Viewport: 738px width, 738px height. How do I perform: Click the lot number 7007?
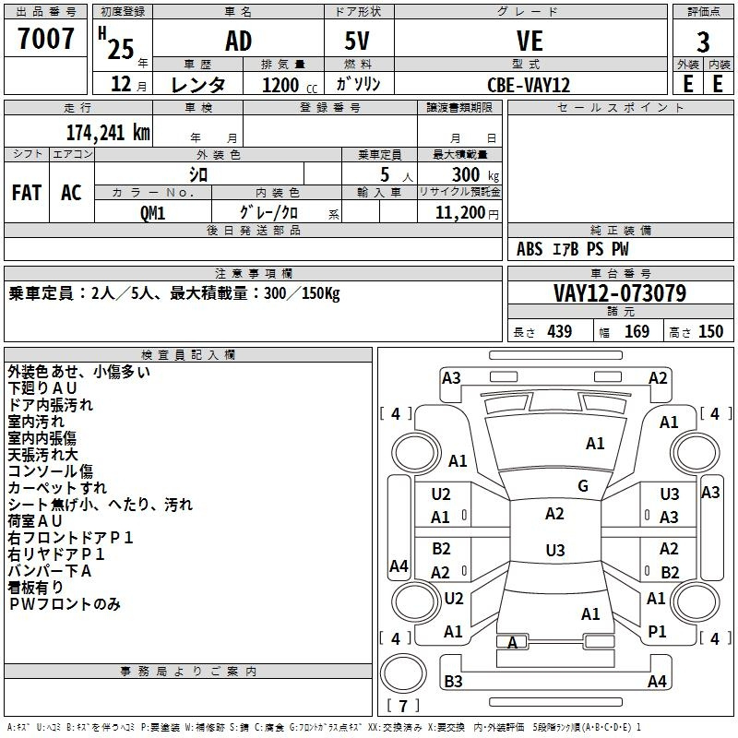(46, 40)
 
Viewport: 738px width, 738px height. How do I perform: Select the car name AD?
(238, 42)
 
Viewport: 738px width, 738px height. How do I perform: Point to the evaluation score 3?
(703, 42)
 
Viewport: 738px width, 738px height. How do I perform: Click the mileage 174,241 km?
(108, 132)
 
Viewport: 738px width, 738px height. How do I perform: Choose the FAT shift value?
(26, 193)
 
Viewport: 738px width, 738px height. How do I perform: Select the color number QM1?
(152, 211)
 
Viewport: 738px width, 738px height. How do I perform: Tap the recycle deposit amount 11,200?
(458, 212)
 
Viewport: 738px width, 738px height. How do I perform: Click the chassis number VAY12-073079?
(620, 293)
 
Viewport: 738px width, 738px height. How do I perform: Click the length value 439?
(559, 332)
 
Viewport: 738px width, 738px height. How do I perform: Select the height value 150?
(710, 332)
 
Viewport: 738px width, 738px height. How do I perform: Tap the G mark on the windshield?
(583, 486)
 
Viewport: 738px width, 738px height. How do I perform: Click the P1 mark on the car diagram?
(657, 631)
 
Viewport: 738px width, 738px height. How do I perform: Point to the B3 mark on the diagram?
(453, 682)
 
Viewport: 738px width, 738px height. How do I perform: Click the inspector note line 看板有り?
(36, 588)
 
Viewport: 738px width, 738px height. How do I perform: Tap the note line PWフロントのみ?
(65, 604)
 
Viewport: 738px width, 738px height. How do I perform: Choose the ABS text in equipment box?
(530, 249)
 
